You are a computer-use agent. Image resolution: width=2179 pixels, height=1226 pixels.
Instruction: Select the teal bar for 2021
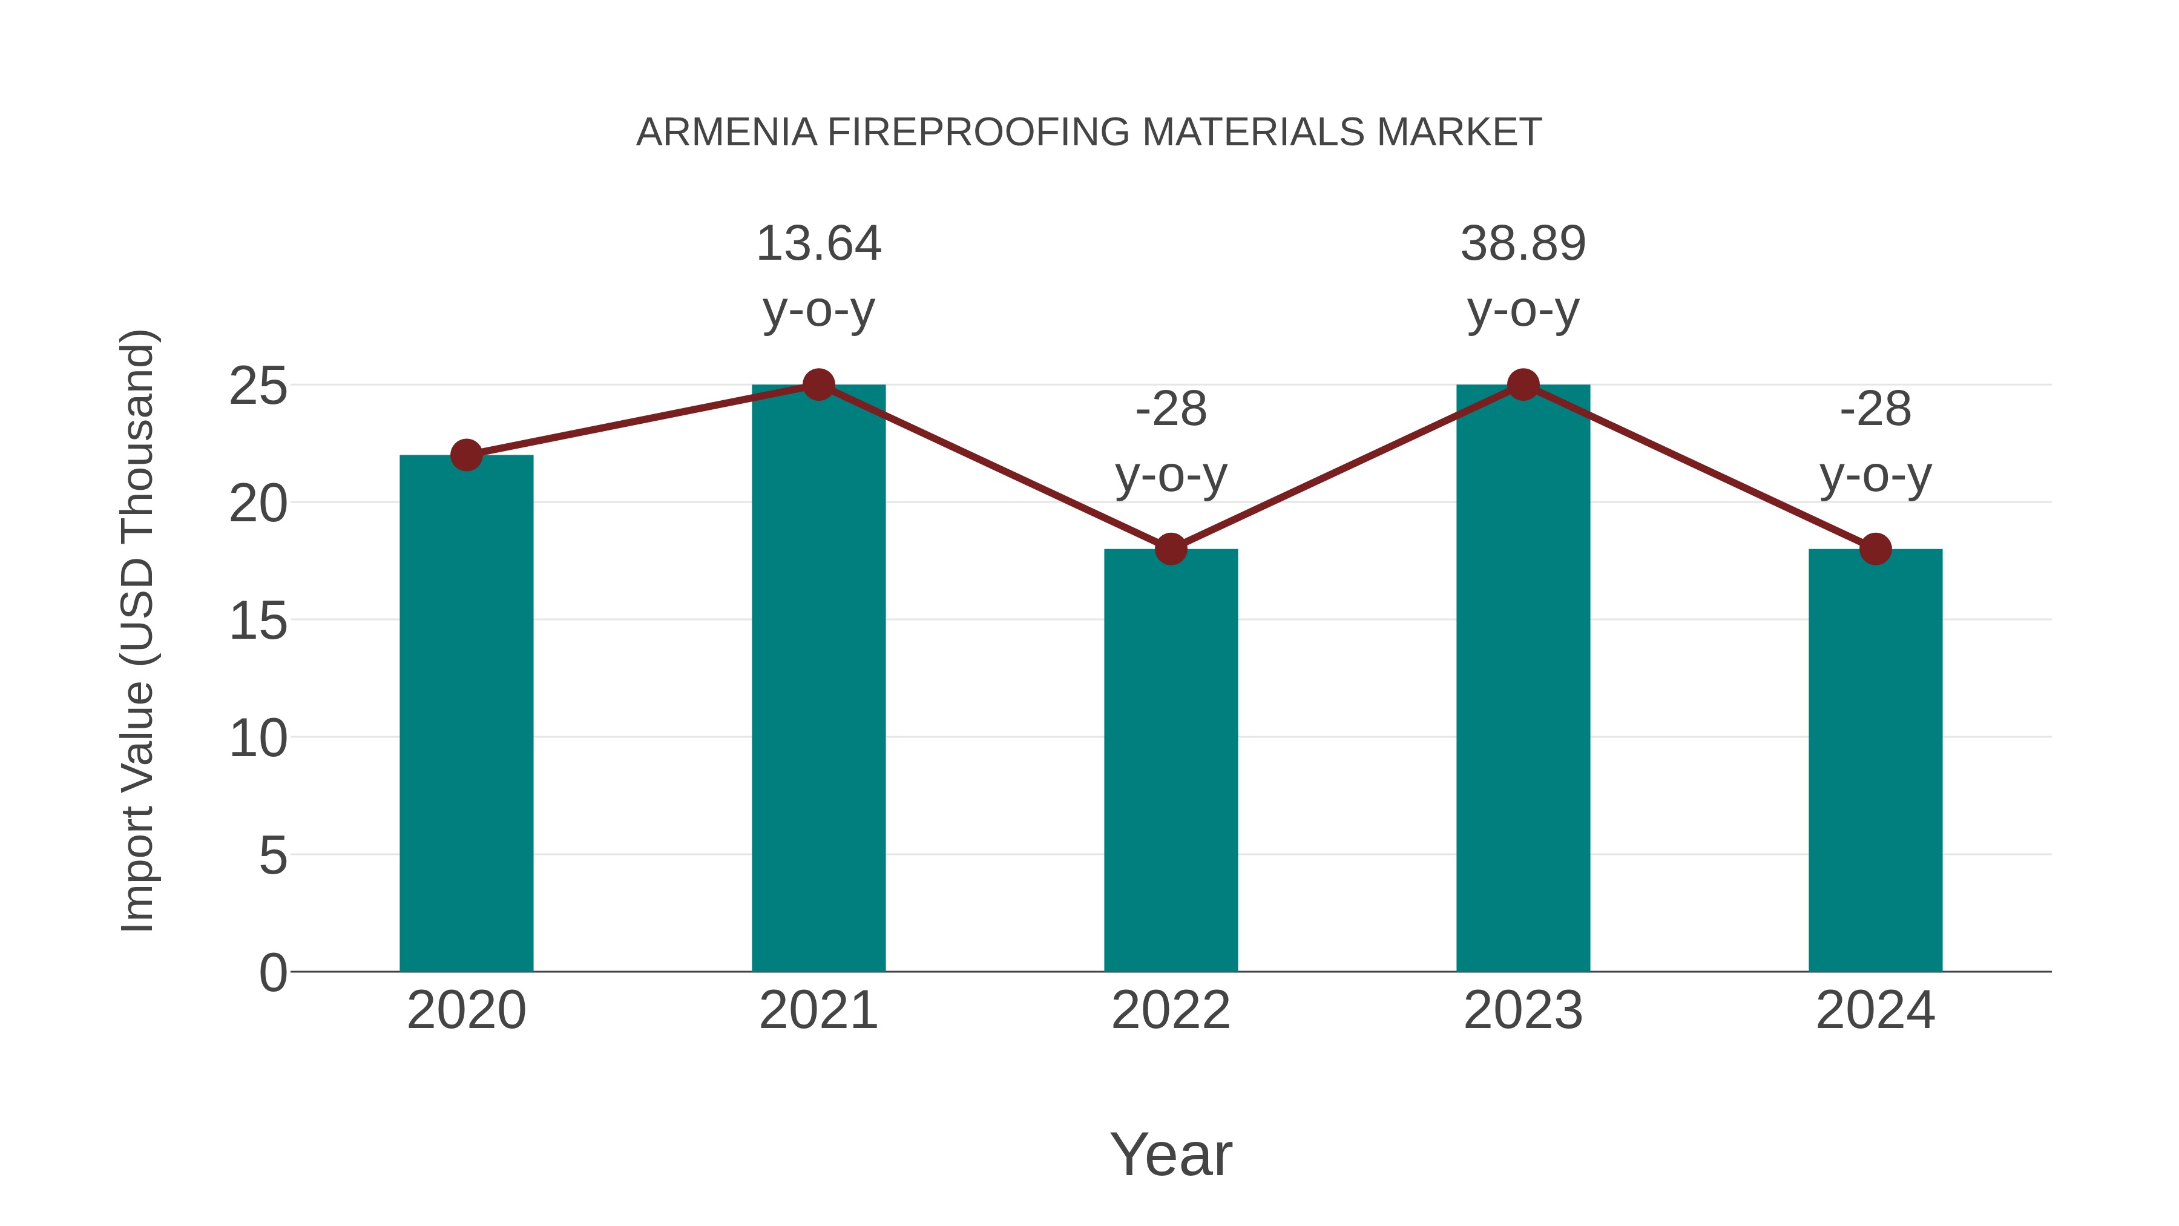818,677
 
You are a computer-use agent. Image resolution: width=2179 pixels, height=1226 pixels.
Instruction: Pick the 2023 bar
1523,677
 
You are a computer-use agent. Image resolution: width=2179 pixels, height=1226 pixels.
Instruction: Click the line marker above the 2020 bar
466,455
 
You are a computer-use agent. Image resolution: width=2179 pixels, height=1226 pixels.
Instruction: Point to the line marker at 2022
1171,549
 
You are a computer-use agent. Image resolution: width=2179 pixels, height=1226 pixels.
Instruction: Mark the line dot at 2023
1523,385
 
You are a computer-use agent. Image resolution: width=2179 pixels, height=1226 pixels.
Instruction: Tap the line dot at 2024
1875,549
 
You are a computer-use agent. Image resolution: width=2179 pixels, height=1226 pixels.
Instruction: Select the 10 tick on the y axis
258,739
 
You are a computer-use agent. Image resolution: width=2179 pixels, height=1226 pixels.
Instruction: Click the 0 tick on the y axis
272,973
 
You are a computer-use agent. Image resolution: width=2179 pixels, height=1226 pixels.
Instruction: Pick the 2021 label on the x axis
818,1010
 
